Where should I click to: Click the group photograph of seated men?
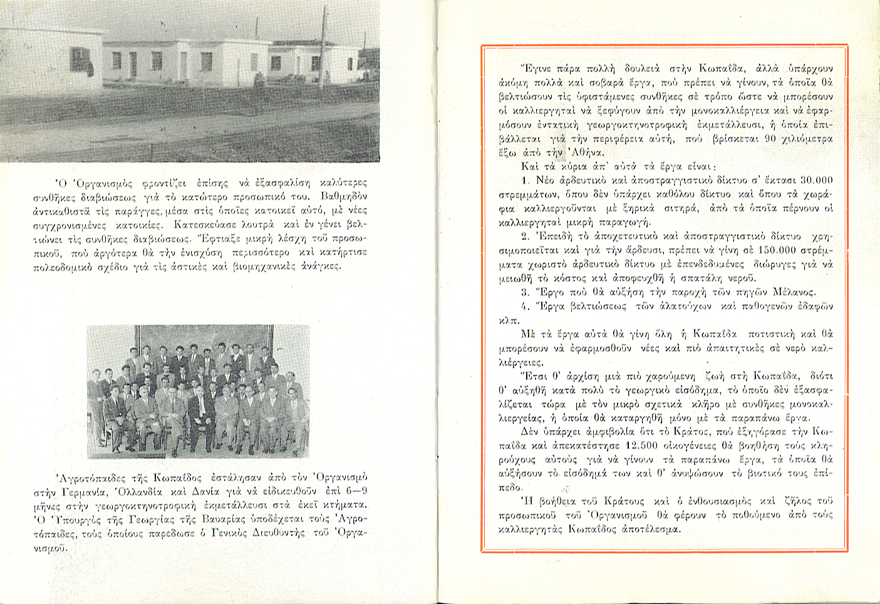point(197,391)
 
